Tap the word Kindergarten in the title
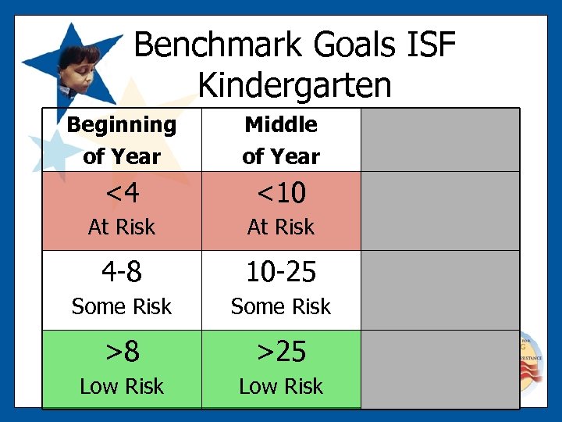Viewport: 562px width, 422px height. [x=294, y=84]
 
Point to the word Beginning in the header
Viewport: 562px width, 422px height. [x=121, y=124]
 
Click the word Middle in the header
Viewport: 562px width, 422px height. [x=281, y=124]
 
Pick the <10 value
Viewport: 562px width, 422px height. [x=281, y=192]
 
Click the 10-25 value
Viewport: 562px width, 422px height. [x=281, y=272]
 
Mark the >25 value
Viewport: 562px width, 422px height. [x=281, y=352]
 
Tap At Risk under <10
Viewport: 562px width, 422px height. [x=281, y=227]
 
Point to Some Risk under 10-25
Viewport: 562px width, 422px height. [x=281, y=306]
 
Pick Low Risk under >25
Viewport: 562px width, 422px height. [x=281, y=386]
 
